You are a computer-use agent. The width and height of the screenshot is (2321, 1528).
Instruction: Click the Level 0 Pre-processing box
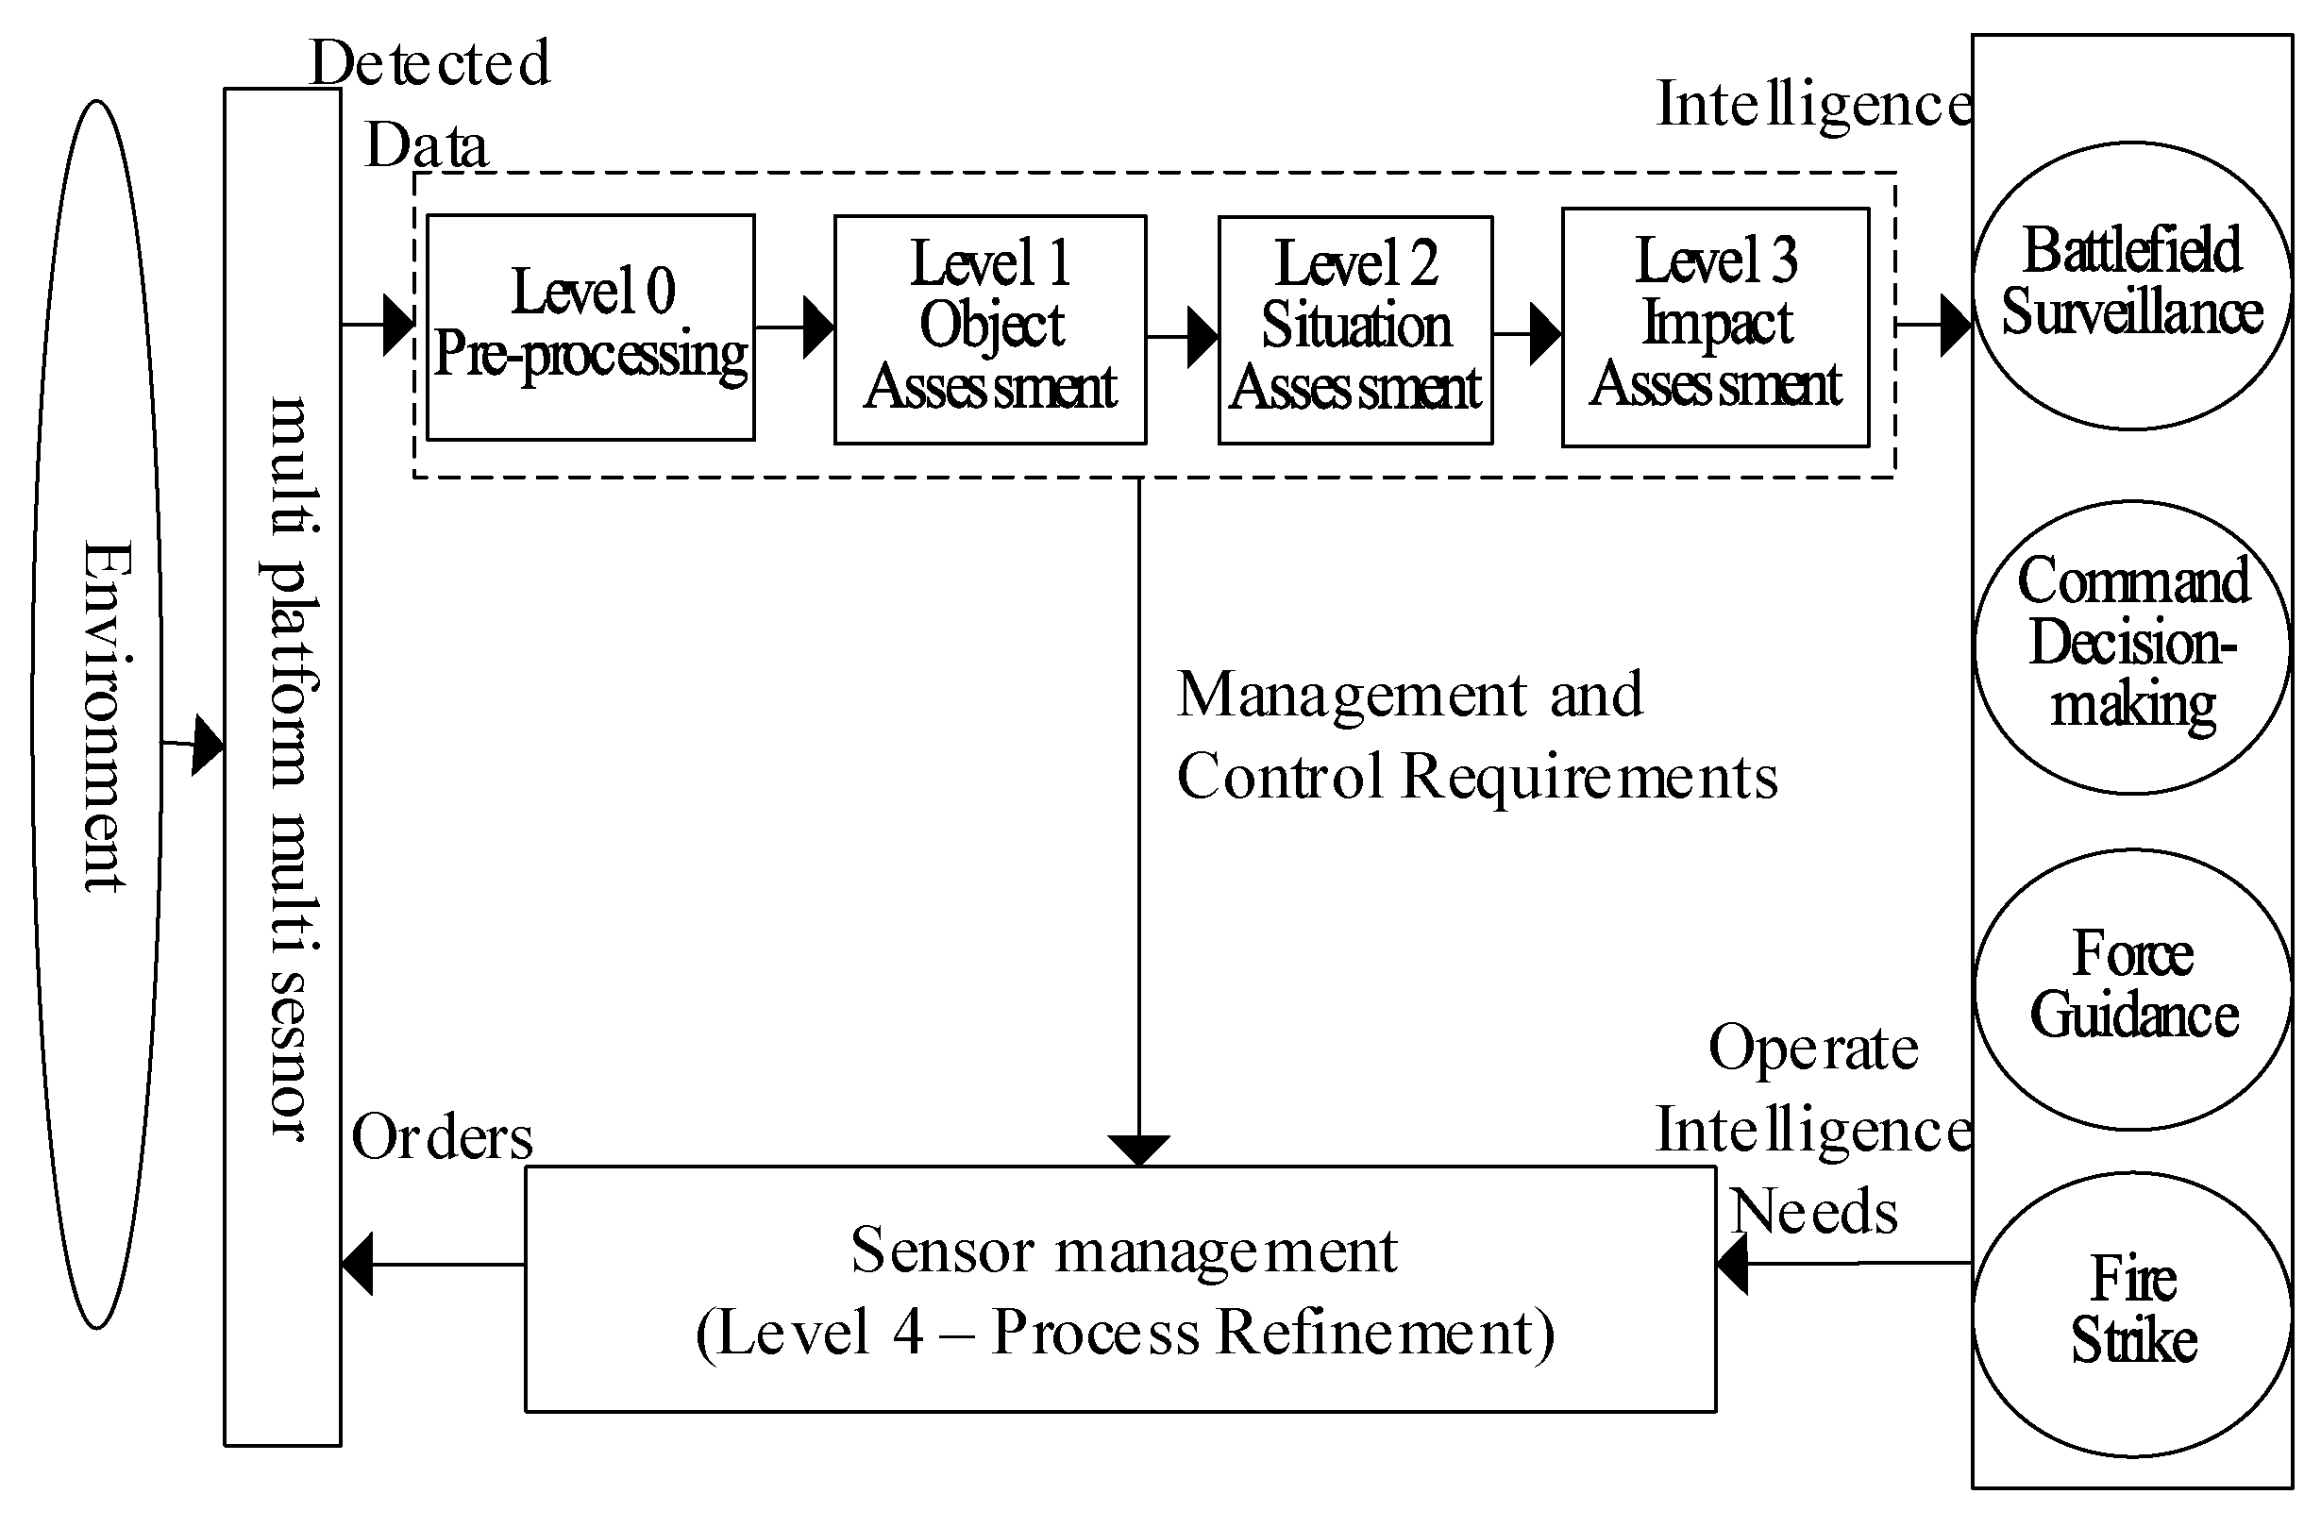(590, 327)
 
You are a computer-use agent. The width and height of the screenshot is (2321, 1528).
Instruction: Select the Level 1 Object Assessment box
(989, 328)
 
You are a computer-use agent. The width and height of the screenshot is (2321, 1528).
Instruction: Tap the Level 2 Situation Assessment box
(1354, 329)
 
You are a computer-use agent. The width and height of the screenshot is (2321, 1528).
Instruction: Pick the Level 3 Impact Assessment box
(1714, 327)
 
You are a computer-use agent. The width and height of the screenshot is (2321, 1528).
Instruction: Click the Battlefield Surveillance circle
(2132, 285)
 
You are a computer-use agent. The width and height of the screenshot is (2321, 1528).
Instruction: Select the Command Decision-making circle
(2132, 646)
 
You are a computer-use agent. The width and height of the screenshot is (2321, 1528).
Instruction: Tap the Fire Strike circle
(2132, 1314)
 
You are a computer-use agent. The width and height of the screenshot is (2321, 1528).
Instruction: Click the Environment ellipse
(97, 714)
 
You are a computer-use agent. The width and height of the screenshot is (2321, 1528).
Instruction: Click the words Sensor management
(1123, 1251)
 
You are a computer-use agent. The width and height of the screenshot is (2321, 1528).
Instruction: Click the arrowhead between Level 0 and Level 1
(818, 327)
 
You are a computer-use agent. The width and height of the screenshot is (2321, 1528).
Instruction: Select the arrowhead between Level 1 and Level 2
(1202, 337)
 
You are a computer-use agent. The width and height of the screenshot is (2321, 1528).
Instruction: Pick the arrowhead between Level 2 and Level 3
(1545, 334)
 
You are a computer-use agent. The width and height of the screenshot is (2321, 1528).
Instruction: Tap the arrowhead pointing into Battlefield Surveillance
(1956, 325)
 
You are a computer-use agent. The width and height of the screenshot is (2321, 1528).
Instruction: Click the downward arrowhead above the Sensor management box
(1138, 1150)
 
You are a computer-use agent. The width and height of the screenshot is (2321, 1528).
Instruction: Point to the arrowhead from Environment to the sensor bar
(207, 746)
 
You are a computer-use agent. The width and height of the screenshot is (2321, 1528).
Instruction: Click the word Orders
(442, 1138)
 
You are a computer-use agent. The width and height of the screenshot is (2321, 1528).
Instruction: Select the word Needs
(1814, 1212)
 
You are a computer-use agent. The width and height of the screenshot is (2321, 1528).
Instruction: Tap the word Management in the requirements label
(1352, 696)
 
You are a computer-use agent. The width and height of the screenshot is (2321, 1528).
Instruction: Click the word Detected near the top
(429, 63)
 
